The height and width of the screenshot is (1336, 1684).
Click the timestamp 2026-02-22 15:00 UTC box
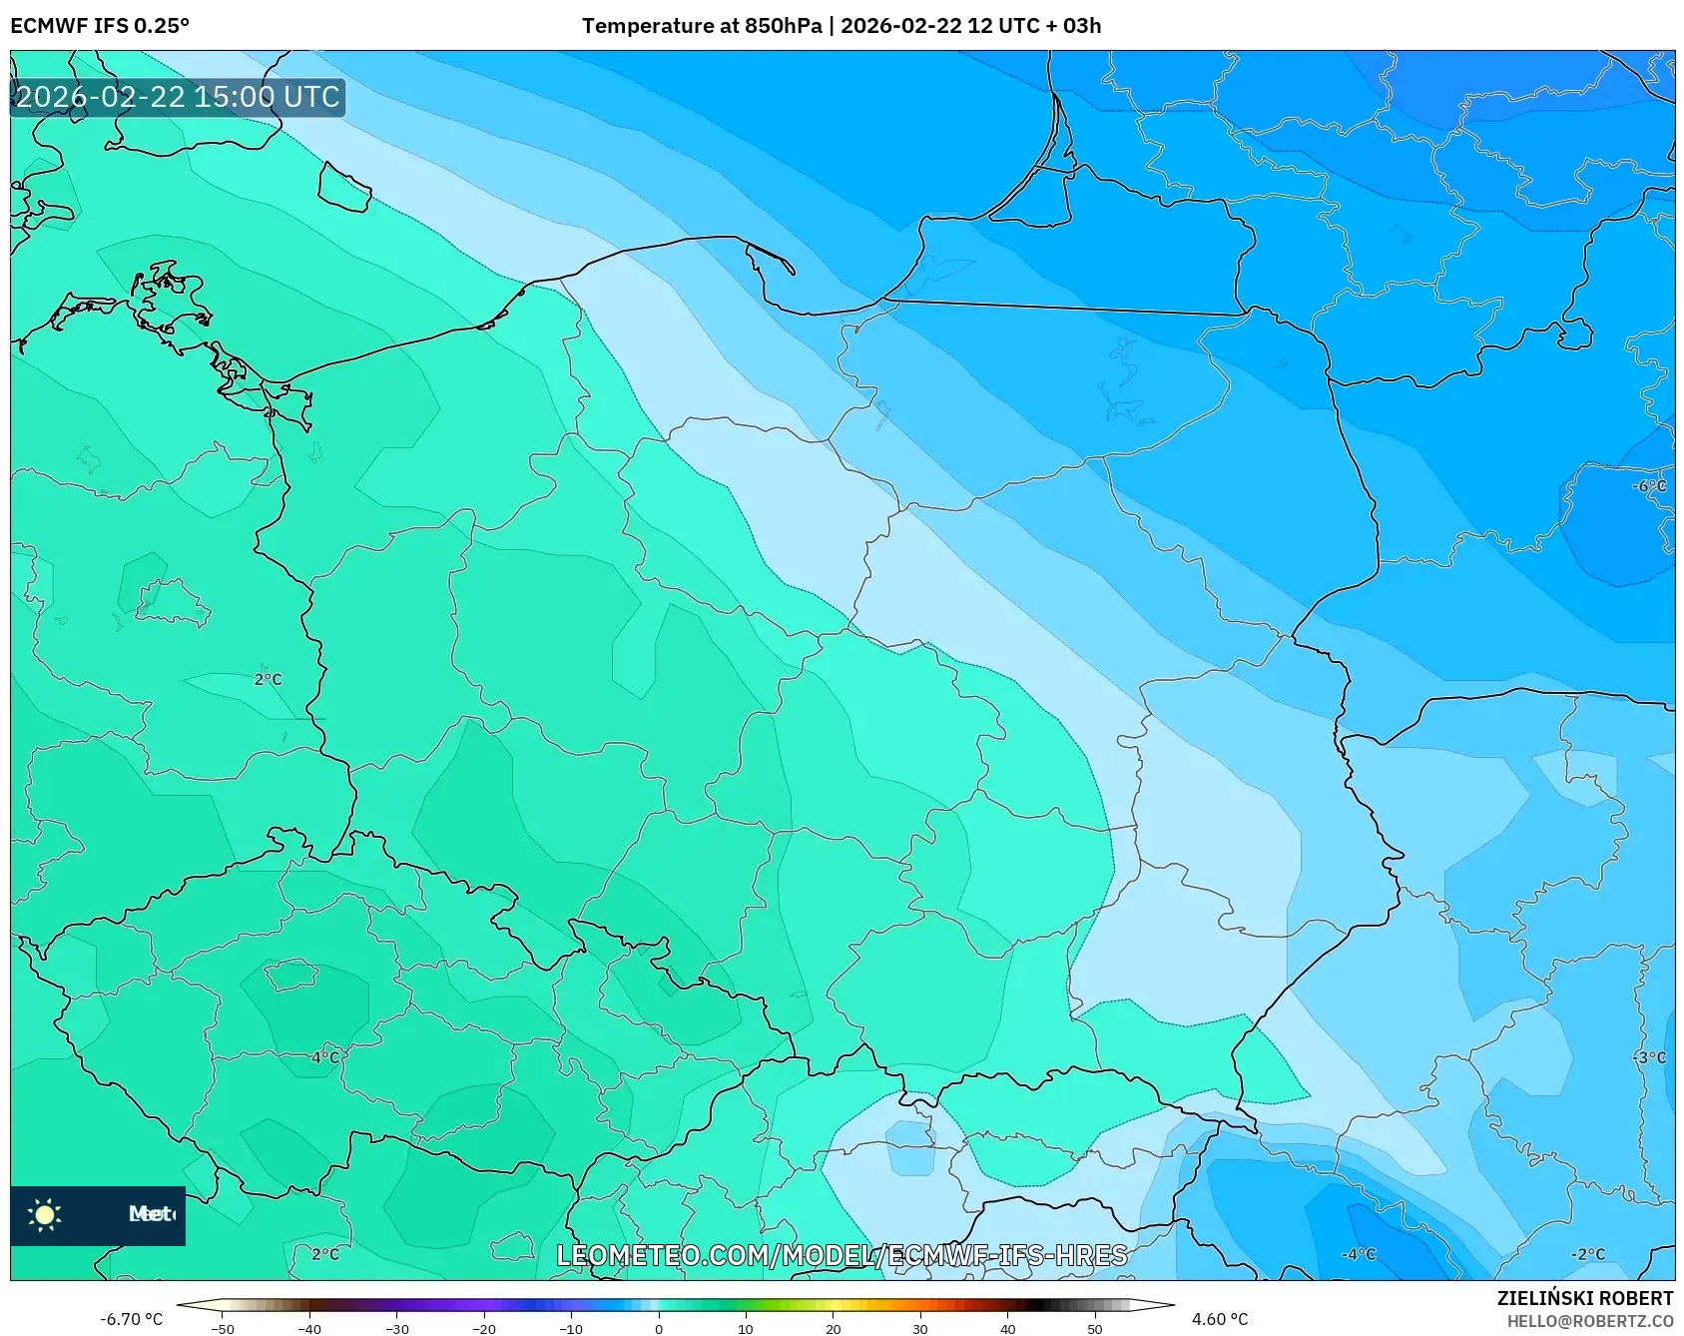178,97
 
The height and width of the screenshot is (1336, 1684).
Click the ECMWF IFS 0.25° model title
100,26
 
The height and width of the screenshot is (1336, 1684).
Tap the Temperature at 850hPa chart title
841,26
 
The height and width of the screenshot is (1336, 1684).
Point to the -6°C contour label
1648,486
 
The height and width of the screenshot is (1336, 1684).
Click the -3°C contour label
1649,1057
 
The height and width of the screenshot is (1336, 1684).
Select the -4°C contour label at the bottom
1358,1254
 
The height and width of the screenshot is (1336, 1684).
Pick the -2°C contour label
1587,1254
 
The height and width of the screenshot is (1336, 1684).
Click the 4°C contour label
324,1057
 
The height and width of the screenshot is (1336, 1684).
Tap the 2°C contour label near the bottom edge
324,1254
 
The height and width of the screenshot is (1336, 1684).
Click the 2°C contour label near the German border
268,679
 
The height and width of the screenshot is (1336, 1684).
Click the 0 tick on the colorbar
658,1328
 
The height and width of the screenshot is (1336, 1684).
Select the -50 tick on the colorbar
223,1328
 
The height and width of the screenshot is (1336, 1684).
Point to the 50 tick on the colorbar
1095,1328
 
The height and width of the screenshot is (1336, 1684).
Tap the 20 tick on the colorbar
833,1328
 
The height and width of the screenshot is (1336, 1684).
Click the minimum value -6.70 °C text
131,1319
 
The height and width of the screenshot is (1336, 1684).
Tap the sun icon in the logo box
45,1214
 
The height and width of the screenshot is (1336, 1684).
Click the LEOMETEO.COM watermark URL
842,1255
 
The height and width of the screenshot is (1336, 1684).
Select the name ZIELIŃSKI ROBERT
1584,1298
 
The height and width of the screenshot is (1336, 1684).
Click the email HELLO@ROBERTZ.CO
1589,1321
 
